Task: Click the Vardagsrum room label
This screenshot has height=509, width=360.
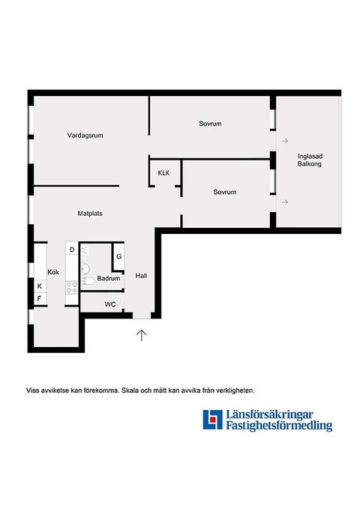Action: (85, 136)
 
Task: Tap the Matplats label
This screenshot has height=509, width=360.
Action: (90, 214)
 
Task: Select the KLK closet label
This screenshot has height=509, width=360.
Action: (163, 173)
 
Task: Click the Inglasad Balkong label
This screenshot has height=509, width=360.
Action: (310, 160)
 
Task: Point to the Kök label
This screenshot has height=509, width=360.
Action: (53, 272)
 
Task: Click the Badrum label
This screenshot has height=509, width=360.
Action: (109, 279)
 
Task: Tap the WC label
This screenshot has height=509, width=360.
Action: (110, 304)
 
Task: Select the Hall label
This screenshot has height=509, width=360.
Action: (141, 276)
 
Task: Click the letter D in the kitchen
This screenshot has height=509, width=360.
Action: (72, 250)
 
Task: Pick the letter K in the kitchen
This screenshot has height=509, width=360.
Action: (40, 286)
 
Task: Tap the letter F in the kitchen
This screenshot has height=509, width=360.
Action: (39, 298)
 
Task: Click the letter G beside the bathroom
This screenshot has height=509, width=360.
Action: (119, 256)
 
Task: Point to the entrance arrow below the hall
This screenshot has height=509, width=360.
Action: (141, 335)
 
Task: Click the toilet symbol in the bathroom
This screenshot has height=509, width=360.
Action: (88, 281)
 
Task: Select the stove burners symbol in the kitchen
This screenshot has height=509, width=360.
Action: (72, 288)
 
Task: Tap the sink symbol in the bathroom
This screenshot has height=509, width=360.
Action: (85, 268)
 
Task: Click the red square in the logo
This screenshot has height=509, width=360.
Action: (213, 419)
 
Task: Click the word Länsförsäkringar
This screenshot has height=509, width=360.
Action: (270, 415)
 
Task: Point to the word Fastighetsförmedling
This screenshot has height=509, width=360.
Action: (279, 426)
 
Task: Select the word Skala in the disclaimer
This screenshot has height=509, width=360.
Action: (130, 391)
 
